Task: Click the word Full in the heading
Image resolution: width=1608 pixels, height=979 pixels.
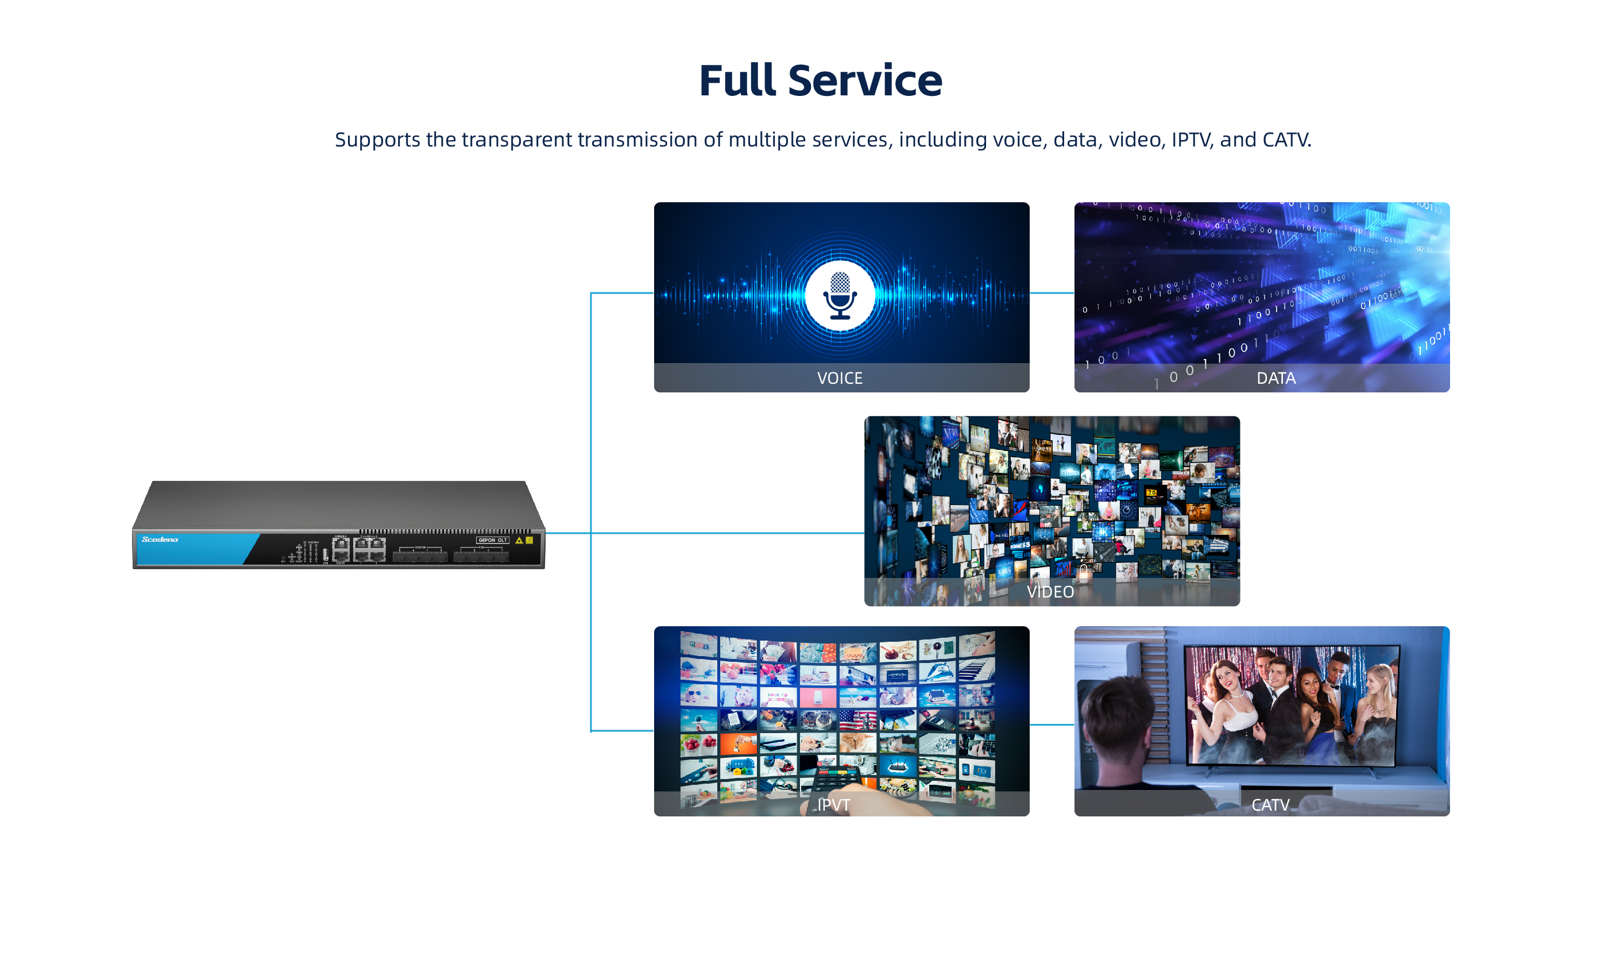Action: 737,81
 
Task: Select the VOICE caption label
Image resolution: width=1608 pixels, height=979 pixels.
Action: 839,378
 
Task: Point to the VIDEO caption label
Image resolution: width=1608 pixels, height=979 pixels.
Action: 1050,591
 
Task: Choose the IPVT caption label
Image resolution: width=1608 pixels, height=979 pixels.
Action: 833,805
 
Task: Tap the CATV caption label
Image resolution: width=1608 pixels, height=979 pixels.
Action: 1270,805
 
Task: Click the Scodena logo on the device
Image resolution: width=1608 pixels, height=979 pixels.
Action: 160,539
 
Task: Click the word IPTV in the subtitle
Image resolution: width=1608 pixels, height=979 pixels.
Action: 1190,140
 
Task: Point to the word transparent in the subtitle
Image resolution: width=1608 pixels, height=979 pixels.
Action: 516,140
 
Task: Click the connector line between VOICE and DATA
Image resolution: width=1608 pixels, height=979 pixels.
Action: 1052,293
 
